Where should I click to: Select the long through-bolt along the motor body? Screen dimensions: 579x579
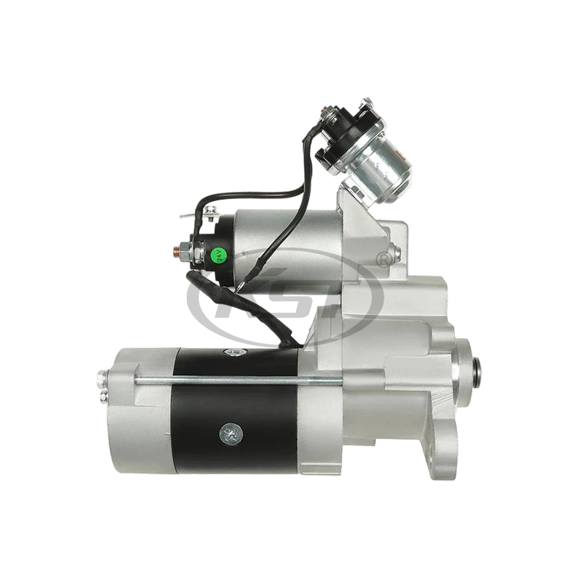tap(239, 378)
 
